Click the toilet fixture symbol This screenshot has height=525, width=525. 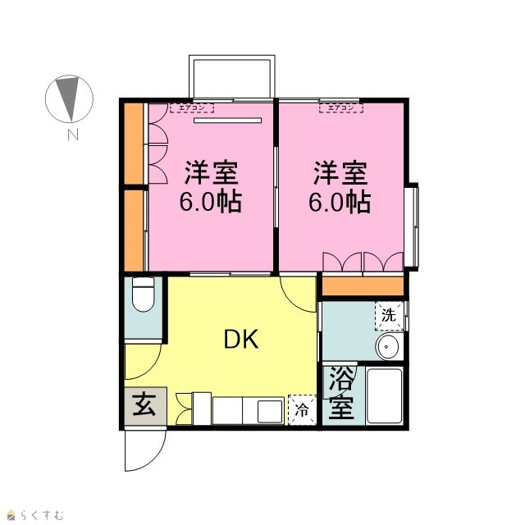pos(144,294)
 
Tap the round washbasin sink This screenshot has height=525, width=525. pos(388,346)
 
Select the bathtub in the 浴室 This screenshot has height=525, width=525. pos(385,395)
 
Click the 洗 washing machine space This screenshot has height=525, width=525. pos(389,315)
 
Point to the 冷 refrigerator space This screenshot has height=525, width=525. pos(302,410)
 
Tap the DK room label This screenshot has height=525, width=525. pos(240,339)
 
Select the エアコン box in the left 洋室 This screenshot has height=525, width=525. pos(192,107)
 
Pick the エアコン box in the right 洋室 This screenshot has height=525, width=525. pos(341,107)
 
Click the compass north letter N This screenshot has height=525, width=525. pos(73,135)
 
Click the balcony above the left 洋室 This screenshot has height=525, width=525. pos(232,76)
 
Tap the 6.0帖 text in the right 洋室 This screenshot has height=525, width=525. pos(340,202)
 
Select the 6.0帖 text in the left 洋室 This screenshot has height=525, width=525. pos(211,202)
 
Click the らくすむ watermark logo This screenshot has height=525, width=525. pos(35,514)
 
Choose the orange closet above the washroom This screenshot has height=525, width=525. pos(363,286)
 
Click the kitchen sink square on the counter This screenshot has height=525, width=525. pos(271,411)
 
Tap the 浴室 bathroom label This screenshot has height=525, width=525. pos(341,393)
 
